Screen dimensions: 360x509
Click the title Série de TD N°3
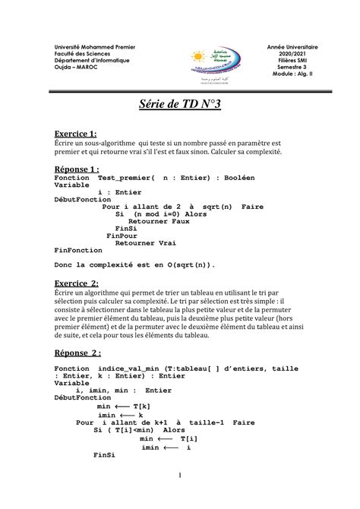[179, 104]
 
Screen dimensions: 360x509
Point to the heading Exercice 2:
[77, 283]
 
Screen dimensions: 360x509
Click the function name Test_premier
[124, 178]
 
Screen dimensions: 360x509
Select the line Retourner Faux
[159, 221]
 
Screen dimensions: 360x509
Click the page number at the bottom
[179, 476]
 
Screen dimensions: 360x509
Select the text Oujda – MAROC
[74, 68]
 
